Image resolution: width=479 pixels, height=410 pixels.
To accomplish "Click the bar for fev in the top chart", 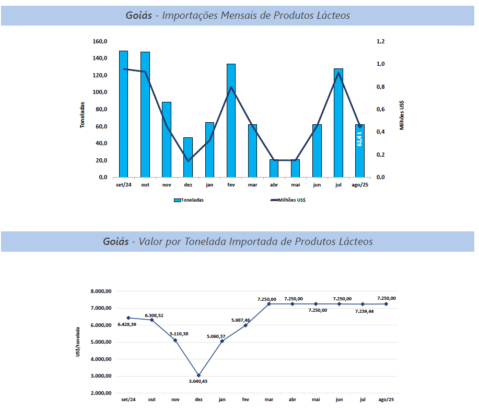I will [x=231, y=120].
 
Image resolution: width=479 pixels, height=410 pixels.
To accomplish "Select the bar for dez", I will [x=188, y=157].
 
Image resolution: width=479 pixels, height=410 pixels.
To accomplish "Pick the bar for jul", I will [x=338, y=123].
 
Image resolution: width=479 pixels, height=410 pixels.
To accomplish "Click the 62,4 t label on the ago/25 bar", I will [x=360, y=138].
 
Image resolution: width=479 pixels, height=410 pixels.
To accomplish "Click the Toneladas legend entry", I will [x=189, y=200].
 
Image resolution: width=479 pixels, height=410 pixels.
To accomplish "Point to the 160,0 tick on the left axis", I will [x=100, y=41].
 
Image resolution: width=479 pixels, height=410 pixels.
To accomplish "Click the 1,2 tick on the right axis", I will [x=380, y=41].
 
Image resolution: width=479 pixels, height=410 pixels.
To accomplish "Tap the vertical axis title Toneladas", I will [x=83, y=114].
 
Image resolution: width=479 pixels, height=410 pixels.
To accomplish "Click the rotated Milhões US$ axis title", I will [x=402, y=114].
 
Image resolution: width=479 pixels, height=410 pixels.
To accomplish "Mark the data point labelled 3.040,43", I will [x=198, y=375].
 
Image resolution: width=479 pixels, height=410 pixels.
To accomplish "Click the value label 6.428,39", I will [x=127, y=324].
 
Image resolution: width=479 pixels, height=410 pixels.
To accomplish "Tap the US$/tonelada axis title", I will [x=78, y=342].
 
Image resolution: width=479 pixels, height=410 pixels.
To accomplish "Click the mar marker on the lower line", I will [x=269, y=303].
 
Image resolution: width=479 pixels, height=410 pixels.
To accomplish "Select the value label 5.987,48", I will [x=241, y=320].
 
